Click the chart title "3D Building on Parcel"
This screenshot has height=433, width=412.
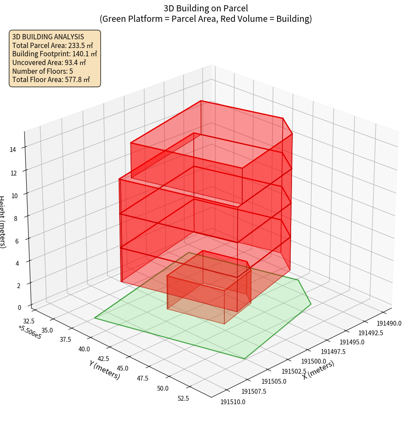point(206,8)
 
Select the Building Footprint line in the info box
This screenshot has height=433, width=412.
point(55,54)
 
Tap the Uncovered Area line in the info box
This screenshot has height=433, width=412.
point(49,62)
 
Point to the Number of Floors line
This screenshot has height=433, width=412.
point(43,71)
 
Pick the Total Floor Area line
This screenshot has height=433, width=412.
point(51,79)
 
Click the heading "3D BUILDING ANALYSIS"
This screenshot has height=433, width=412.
point(48,37)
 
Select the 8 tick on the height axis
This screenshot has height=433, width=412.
point(16,217)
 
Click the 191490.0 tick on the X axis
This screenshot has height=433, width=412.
point(389,323)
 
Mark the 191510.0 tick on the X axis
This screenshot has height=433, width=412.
point(233,402)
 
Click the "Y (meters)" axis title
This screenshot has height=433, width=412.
point(104,370)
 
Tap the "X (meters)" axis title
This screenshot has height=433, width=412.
point(319,370)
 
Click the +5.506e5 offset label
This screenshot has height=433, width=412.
point(30,332)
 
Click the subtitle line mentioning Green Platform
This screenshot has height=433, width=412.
point(206,19)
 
